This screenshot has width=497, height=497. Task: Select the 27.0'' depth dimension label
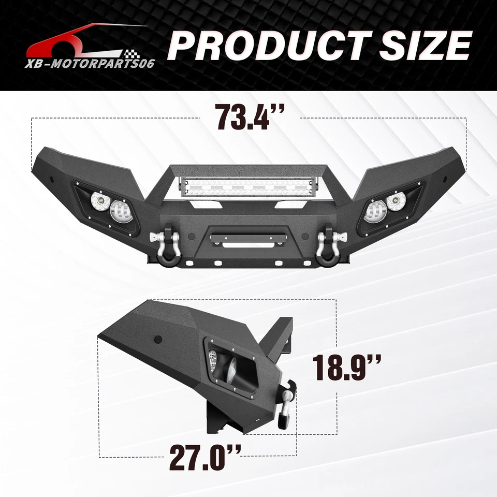tap(206, 458)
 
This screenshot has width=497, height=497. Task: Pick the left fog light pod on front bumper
tap(107, 207)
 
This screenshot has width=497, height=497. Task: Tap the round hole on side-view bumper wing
tap(158, 340)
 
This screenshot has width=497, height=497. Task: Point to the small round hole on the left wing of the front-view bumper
tap(52, 178)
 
